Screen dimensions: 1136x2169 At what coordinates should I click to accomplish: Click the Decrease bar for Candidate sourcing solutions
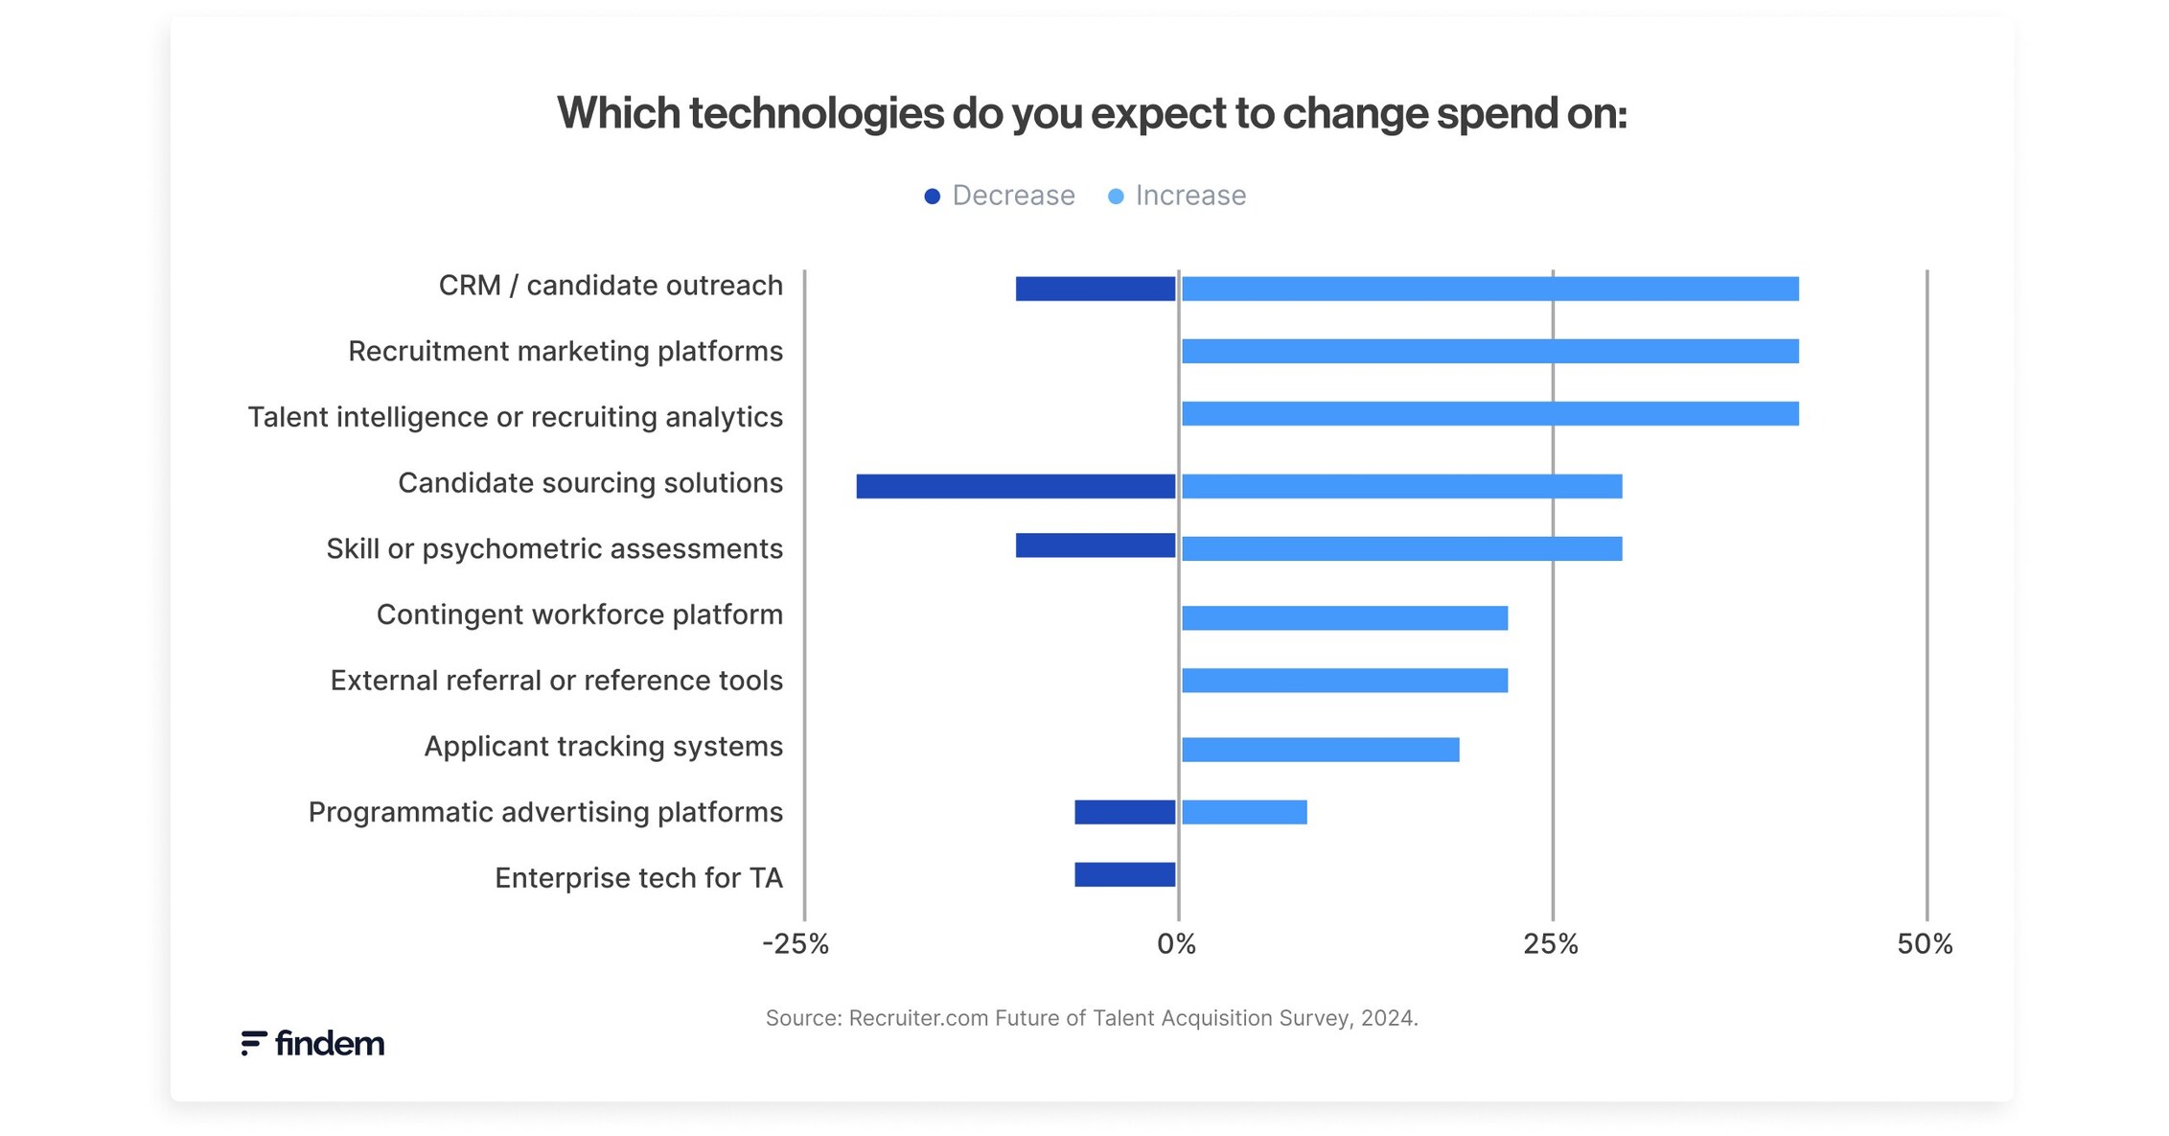tap(1015, 486)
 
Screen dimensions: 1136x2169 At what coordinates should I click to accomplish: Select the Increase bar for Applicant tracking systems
tap(1320, 750)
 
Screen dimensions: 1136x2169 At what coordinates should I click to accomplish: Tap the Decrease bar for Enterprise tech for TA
tap(1124, 874)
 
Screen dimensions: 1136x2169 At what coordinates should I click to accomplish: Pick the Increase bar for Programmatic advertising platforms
tap(1244, 812)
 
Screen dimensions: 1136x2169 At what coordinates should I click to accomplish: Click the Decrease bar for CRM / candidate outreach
tap(1095, 289)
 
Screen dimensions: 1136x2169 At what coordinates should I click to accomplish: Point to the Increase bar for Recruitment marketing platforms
tap(1489, 351)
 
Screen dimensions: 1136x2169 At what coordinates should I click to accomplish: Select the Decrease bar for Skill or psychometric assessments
tap(1095, 545)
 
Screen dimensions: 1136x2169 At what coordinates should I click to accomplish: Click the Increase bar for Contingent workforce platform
tap(1344, 618)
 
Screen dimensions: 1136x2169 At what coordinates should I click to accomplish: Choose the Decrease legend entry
tap(999, 196)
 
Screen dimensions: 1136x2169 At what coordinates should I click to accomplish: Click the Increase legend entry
tap(1177, 196)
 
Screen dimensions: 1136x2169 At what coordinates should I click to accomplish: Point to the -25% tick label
tap(795, 944)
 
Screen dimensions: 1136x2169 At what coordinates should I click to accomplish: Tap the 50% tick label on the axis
tap(1925, 944)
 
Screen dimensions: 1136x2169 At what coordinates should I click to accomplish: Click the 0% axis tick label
tap(1176, 944)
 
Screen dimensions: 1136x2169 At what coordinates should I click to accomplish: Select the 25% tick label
tap(1550, 944)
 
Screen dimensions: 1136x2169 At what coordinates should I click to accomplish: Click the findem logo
tap(312, 1043)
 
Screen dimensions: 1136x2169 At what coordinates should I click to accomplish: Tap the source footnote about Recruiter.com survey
tap(1091, 1018)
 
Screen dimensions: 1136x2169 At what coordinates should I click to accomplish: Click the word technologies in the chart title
tap(816, 114)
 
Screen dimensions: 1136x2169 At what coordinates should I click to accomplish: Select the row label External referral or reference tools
tap(556, 681)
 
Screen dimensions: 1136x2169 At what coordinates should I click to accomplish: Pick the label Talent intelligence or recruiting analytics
tap(515, 417)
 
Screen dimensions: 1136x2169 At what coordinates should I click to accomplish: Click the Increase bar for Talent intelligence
tap(1489, 414)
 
